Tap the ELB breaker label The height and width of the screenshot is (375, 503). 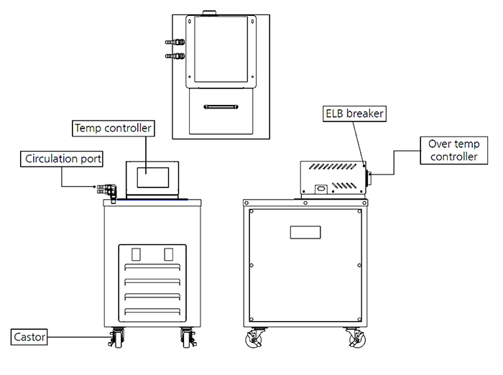pos(353,114)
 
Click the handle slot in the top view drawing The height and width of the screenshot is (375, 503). pos(220,108)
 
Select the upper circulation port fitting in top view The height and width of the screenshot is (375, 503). pos(175,43)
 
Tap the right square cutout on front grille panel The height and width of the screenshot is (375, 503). pos(169,254)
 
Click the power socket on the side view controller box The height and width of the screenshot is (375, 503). pos(318,190)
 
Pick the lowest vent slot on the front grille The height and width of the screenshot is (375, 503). pos(152,310)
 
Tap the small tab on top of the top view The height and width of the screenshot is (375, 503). pos(210,11)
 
